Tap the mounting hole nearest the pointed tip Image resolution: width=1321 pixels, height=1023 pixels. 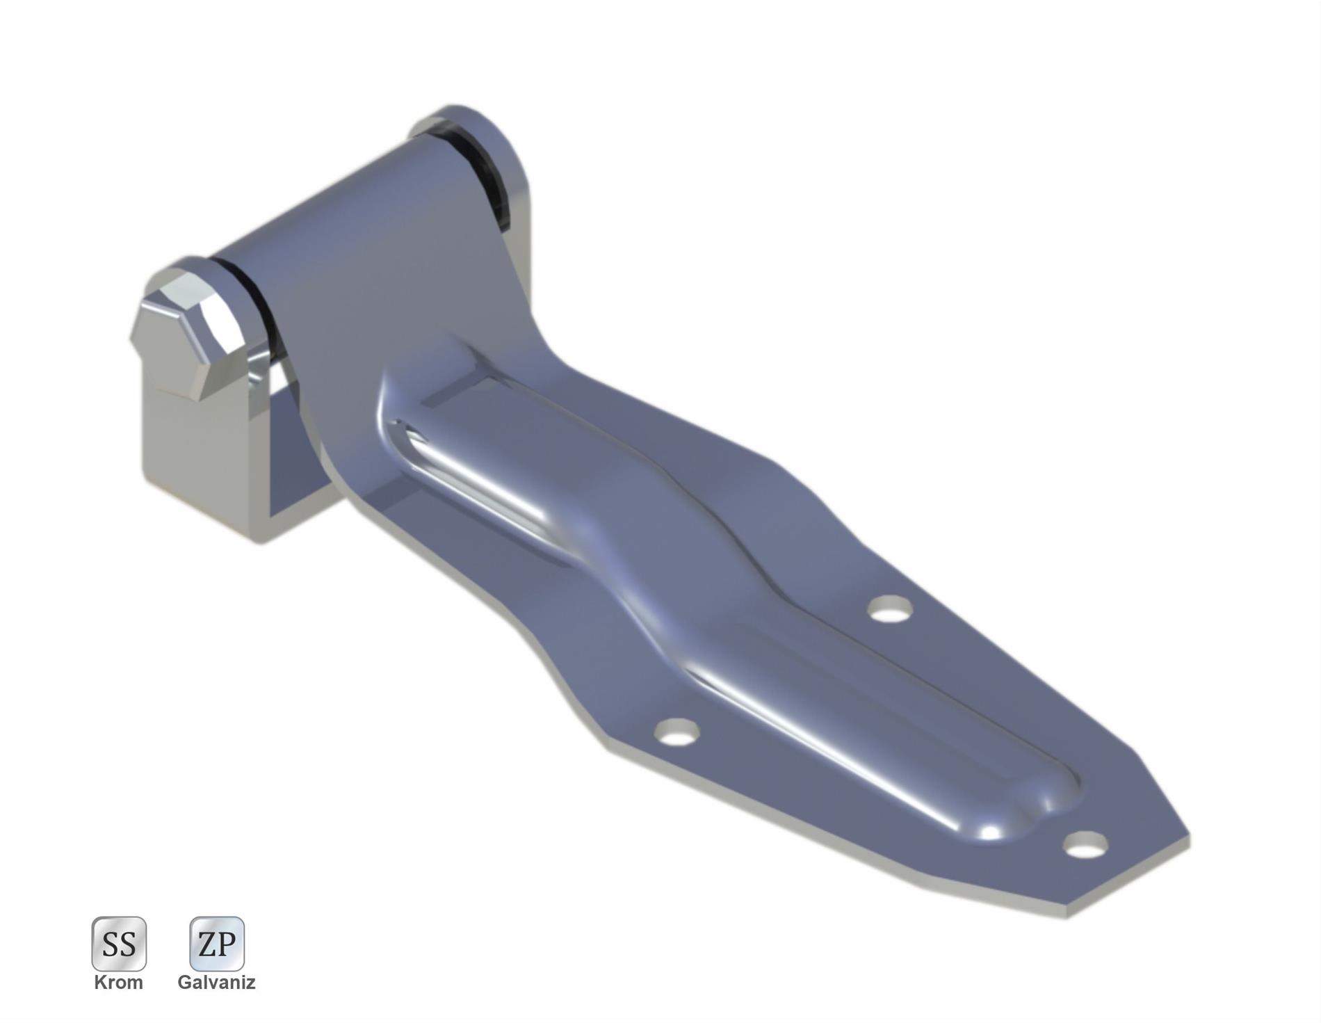click(1085, 846)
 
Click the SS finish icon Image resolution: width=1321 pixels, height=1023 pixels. click(119, 943)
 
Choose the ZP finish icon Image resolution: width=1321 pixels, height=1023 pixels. click(217, 943)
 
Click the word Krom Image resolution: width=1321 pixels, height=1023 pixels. click(119, 983)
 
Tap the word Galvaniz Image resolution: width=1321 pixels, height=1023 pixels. click(216, 983)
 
